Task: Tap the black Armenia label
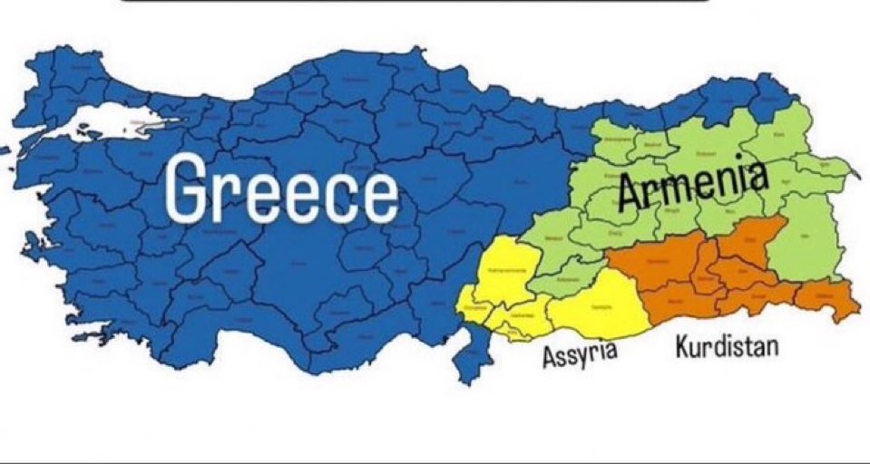click(x=694, y=185)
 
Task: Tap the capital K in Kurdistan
click(x=682, y=346)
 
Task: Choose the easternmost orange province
click(x=829, y=299)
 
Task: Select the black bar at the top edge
click(x=413, y=2)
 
